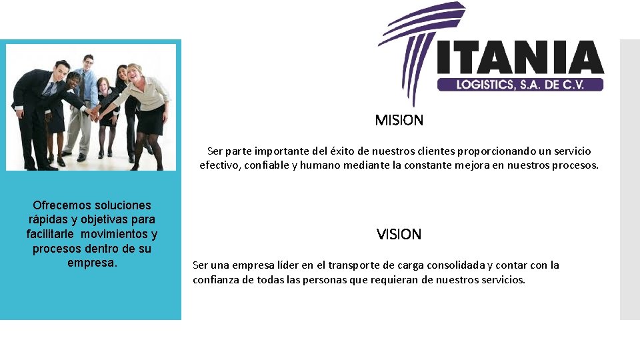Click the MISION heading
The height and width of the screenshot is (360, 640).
[x=399, y=121]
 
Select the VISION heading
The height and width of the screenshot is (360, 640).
[x=399, y=235]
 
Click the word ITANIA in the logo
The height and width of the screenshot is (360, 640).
[x=521, y=58]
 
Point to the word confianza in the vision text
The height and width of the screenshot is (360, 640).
[x=217, y=280]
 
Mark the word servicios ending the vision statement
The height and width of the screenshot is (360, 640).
[x=501, y=280]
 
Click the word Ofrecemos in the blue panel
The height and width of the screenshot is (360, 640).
[x=65, y=205]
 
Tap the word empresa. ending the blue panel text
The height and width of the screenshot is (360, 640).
[x=92, y=263]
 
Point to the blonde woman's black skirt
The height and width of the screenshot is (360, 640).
[x=150, y=120]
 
